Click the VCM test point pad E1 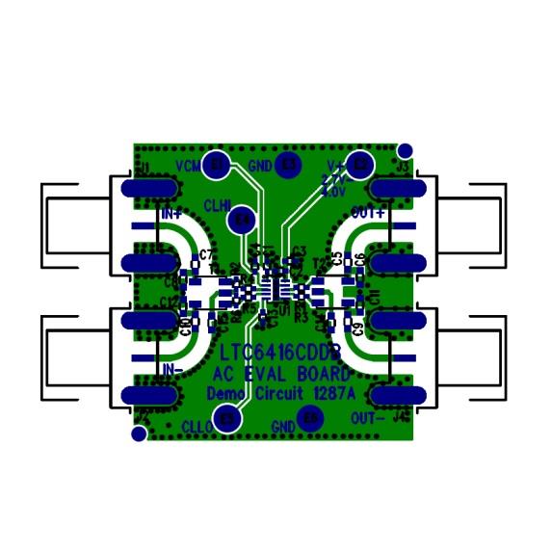point(219,166)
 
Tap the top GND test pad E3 point(288,166)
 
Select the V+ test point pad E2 point(360,166)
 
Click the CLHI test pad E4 point(243,221)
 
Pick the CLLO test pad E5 point(228,419)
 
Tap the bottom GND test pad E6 point(309,419)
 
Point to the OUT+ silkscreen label point(368,211)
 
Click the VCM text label point(188,166)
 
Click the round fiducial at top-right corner point(406,150)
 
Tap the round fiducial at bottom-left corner point(140,434)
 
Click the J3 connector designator point(403,168)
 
